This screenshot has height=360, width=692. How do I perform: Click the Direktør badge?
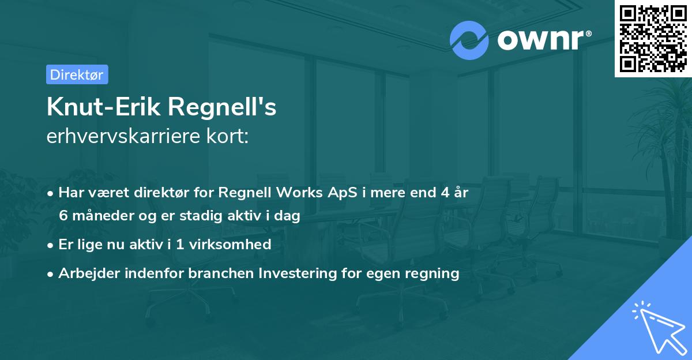[77, 74]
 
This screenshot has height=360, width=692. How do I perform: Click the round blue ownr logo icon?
[469, 40]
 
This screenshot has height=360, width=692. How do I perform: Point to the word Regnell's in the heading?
[221, 107]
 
